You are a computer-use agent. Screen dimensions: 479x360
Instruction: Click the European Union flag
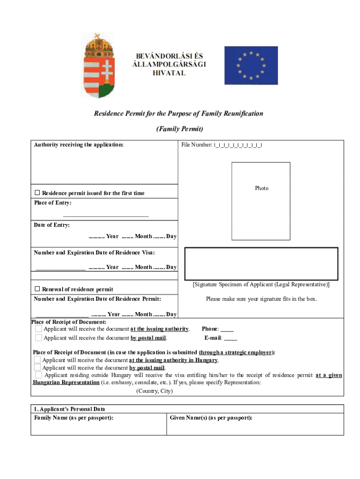tap(251, 65)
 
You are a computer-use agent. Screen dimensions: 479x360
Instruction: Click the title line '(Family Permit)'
tap(180, 129)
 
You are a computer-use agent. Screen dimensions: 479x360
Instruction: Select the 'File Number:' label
tap(196, 145)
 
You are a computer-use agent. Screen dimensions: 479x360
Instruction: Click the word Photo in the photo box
tap(261, 188)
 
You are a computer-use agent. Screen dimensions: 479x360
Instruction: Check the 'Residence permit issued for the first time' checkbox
tap(37, 193)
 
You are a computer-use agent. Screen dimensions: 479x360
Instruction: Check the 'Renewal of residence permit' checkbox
tap(37, 289)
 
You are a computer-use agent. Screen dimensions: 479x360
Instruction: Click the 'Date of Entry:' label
tap(51, 225)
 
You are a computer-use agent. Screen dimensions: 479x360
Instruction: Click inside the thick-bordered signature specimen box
tap(261, 263)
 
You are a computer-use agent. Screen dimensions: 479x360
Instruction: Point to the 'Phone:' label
tap(210, 329)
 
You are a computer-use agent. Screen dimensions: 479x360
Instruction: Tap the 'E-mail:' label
tap(213, 338)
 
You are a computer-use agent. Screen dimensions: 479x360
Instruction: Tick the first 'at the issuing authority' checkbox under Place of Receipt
tap(38, 329)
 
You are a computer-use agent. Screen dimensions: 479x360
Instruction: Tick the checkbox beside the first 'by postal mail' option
tap(38, 338)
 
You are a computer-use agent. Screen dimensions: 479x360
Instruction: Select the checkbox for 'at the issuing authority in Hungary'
tap(37, 360)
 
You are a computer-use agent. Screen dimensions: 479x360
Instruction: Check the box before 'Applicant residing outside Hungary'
tap(38, 375)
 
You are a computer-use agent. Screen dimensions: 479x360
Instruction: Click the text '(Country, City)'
tap(154, 391)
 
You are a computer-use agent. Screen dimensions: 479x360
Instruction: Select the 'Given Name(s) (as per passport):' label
tap(211, 418)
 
